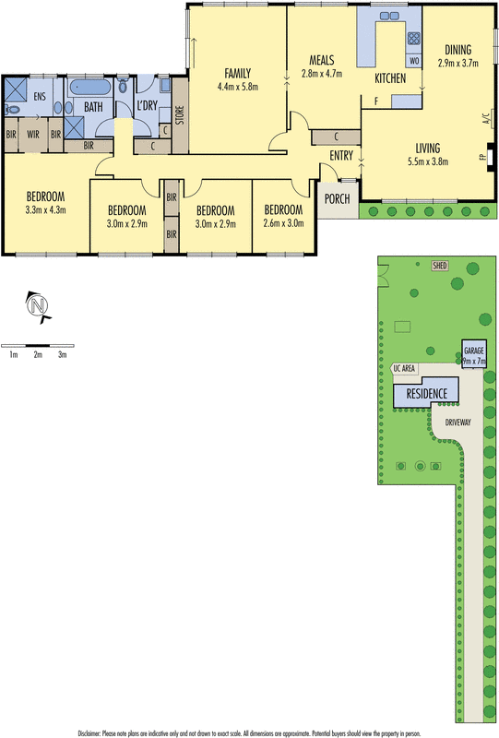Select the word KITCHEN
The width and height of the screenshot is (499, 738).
390,79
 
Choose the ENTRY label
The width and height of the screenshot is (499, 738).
341,155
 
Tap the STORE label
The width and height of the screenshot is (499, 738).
180,115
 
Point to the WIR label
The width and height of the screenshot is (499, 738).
33,134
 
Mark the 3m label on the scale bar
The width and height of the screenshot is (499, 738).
63,354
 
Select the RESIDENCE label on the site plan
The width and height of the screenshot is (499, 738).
428,394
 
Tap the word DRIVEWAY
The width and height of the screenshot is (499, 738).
458,422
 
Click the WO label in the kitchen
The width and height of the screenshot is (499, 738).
413,61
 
